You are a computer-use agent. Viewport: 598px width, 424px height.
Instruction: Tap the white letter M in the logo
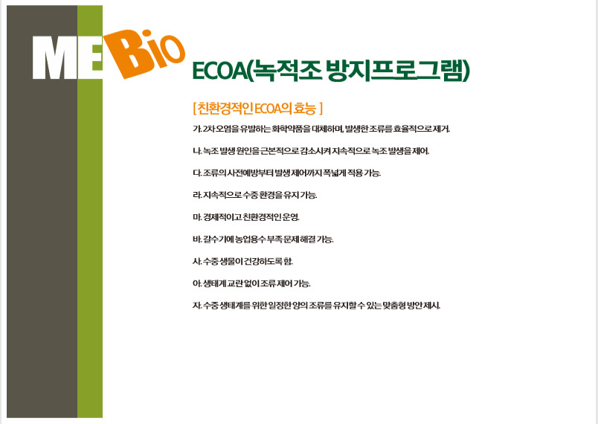[x=55, y=57]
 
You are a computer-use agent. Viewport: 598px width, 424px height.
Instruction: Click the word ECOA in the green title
[x=219, y=71]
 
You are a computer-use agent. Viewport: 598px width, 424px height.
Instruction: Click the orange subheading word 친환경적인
[x=225, y=109]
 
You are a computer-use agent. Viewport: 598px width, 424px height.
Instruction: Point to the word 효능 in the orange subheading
[x=306, y=109]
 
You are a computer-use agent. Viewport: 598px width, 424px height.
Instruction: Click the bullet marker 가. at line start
[x=197, y=129]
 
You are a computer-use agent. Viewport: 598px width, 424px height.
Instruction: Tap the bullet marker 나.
[x=197, y=151]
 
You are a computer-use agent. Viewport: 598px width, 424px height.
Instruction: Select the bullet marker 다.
[x=197, y=173]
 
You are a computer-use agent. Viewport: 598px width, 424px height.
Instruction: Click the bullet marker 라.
[x=197, y=195]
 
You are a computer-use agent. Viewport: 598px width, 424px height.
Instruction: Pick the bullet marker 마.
[x=197, y=217]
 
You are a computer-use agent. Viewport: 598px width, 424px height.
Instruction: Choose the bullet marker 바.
[x=197, y=240]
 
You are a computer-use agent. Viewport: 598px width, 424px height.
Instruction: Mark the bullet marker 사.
[x=197, y=262]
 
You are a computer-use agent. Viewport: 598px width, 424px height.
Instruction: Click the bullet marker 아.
[x=197, y=283]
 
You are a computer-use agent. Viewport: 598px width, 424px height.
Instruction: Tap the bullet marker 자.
[x=197, y=306]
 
